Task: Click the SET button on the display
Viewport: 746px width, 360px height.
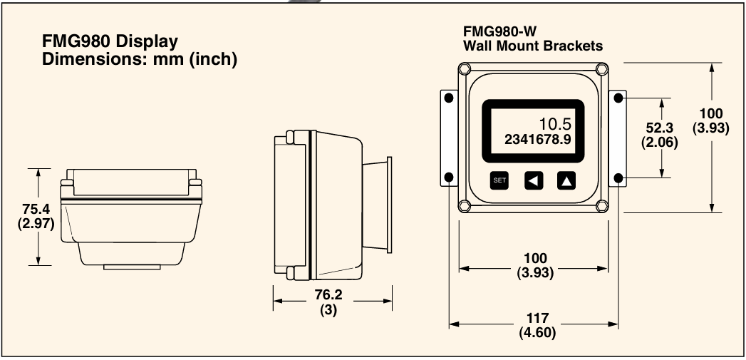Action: [x=499, y=180]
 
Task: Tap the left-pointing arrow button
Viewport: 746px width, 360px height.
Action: [x=533, y=180]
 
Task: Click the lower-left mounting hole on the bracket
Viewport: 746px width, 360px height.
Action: [x=449, y=177]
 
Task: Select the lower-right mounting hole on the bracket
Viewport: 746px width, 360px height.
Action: [x=618, y=177]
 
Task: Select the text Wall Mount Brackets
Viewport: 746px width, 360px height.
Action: [x=533, y=46]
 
